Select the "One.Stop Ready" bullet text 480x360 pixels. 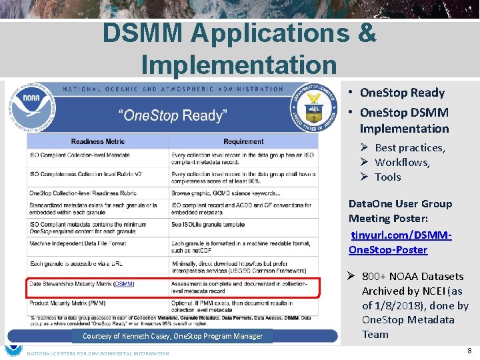click(x=401, y=93)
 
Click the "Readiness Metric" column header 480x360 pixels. click(x=98, y=141)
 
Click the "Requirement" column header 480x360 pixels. click(x=243, y=141)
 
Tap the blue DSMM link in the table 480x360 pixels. click(x=123, y=284)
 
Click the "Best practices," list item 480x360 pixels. click(x=409, y=147)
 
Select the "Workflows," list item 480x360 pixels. click(x=402, y=162)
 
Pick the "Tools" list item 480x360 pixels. click(x=387, y=177)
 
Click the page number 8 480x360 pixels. click(x=469, y=350)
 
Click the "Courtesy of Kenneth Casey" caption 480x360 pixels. click(x=173, y=336)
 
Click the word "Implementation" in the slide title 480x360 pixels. click(x=239, y=65)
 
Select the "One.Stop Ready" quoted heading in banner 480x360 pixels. click(x=172, y=115)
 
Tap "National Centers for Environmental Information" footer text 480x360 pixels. click(x=97, y=353)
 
